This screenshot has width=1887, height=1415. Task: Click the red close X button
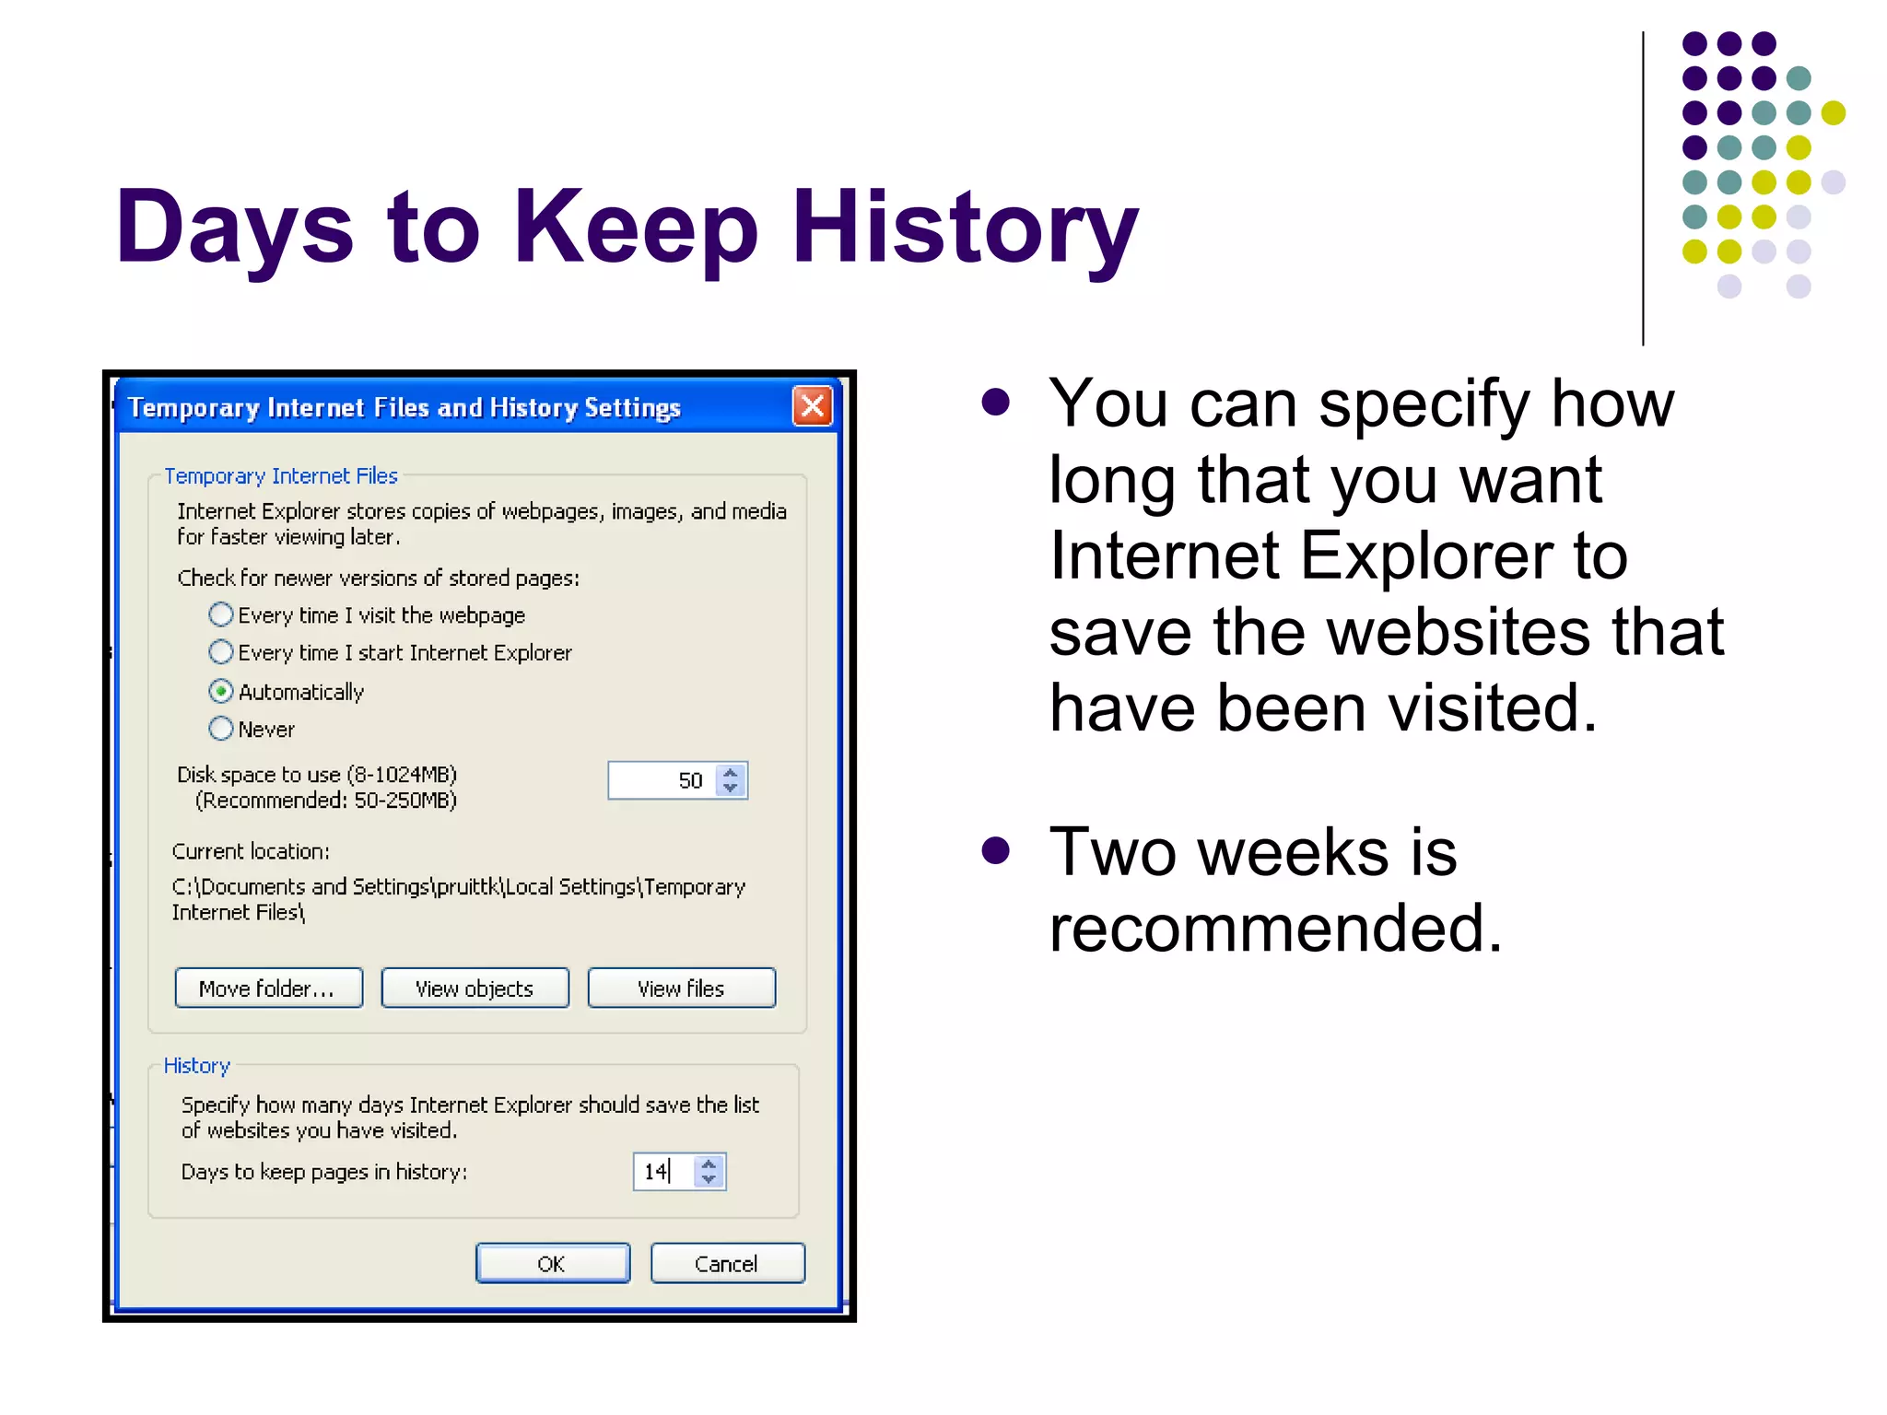[812, 406]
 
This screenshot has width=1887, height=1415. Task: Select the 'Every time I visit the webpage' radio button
[221, 614]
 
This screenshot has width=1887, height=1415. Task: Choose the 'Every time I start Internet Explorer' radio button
[221, 652]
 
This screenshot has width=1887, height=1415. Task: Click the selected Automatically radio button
[221, 691]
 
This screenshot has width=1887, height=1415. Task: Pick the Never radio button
[221, 729]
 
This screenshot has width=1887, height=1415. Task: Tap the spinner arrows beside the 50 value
[731, 780]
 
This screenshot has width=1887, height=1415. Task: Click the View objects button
[475, 988]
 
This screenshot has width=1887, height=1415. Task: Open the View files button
[681, 988]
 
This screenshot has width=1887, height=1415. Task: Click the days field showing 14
[661, 1172]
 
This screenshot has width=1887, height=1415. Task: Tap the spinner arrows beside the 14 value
[709, 1172]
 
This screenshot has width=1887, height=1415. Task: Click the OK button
[552, 1263]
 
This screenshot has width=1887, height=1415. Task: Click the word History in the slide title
[965, 228]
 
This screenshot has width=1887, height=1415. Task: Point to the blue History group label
[196, 1066]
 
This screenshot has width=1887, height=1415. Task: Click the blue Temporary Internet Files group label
[281, 476]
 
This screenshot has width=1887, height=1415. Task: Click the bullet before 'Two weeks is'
[995, 849]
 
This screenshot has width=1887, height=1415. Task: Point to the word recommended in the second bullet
[1275, 928]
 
